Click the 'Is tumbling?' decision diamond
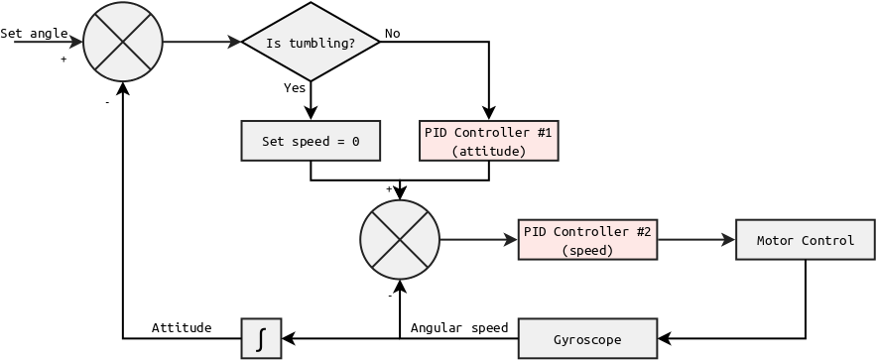click(311, 42)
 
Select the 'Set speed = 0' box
click(311, 141)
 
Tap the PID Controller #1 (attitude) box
click(489, 141)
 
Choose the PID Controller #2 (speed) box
click(587, 240)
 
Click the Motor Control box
click(806, 240)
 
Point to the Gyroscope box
click(587, 339)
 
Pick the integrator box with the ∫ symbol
click(261, 338)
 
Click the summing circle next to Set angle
click(122, 42)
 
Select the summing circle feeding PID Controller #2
click(400, 240)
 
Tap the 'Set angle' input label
click(34, 33)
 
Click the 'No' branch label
click(393, 33)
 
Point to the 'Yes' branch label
click(295, 87)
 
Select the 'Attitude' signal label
click(182, 327)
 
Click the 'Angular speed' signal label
click(459, 327)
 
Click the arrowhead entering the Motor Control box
click(729, 240)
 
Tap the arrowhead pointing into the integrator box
click(288, 339)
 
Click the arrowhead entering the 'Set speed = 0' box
click(311, 114)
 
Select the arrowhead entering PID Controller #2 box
click(511, 240)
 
